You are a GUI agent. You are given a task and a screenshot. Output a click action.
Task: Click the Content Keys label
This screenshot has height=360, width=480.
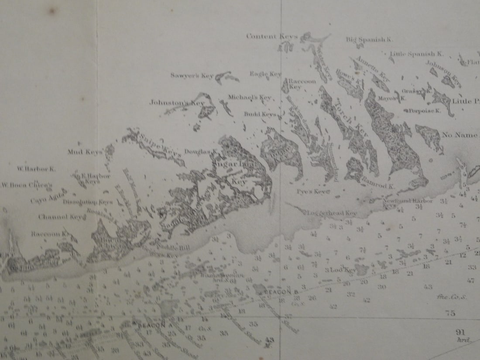(271, 36)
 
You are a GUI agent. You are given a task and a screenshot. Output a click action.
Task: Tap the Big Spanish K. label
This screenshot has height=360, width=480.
(370, 39)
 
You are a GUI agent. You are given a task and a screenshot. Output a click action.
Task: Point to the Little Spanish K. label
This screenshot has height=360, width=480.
(416, 54)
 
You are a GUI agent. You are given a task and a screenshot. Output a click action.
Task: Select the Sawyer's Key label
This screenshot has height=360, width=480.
(192, 75)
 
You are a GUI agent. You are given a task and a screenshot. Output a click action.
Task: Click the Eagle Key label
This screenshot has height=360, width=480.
(265, 74)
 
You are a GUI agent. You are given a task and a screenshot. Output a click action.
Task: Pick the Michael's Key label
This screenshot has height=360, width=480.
(250, 97)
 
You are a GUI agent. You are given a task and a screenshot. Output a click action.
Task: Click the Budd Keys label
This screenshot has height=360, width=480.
(260, 114)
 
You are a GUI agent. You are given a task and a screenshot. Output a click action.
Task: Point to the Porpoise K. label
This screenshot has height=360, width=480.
(425, 111)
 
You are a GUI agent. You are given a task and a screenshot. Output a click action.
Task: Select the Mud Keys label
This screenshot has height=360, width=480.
(85, 152)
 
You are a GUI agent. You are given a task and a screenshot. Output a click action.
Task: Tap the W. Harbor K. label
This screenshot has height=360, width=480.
(36, 168)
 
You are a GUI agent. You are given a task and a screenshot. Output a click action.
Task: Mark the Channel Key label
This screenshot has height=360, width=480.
(60, 217)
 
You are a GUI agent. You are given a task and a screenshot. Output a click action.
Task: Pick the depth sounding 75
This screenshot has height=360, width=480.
(450, 312)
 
